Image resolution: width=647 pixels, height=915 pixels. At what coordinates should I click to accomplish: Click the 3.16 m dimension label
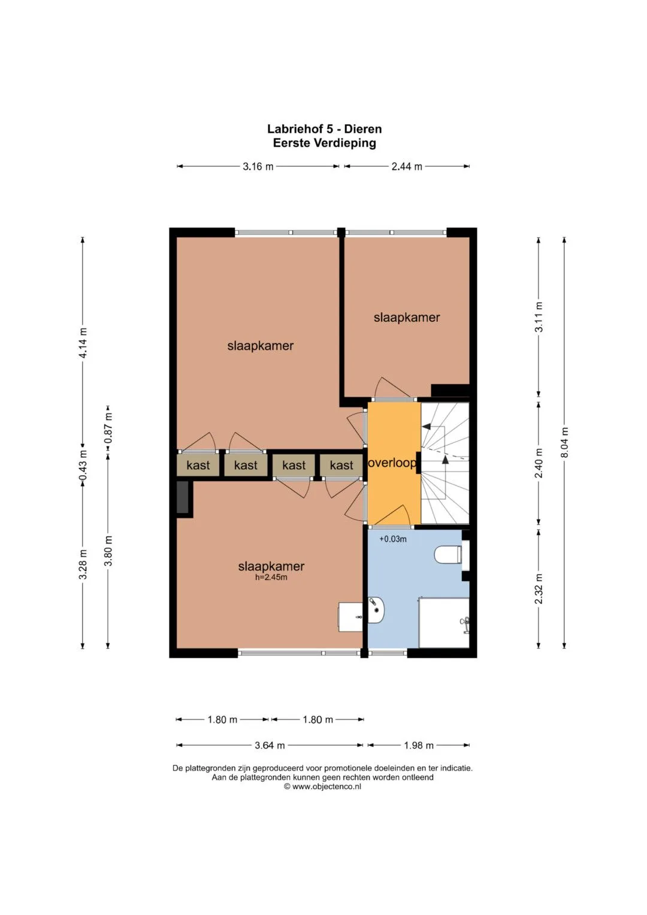pos(258,167)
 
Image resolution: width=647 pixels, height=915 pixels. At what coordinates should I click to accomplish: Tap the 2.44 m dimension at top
pos(407,167)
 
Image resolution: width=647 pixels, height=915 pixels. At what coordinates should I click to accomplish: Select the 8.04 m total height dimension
pos(565,443)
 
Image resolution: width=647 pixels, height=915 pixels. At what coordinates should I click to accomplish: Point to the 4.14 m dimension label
pos(83,343)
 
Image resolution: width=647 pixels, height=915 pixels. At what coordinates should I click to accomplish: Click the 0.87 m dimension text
pos(108,428)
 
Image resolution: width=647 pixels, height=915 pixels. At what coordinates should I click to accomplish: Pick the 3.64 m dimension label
pos(270,745)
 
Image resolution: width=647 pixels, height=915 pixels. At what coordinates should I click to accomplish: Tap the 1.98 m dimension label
pos(419,745)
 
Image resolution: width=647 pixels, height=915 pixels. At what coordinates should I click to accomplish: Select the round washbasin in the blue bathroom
pos(376,609)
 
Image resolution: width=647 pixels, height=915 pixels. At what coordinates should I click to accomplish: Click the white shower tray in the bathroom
pos(443,623)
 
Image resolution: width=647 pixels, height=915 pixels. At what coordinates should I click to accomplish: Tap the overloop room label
pos(392,463)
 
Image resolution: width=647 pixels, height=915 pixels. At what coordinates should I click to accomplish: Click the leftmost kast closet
pos(198,465)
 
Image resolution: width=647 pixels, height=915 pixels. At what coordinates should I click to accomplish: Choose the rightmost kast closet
pos(341,465)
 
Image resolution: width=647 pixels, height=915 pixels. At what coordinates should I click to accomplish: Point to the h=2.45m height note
pos(271,577)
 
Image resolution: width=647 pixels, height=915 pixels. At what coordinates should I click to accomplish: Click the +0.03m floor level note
pos(393,539)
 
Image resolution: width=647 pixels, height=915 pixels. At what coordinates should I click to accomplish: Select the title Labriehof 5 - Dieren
pos(324,129)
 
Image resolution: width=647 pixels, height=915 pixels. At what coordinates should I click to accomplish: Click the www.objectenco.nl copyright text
pos(323,786)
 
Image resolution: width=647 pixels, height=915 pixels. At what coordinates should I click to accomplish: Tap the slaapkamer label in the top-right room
pos(407,318)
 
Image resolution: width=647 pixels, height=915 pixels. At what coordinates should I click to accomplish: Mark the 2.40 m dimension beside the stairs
pos(539,463)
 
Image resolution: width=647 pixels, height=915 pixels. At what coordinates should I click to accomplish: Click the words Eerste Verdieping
pos(324,143)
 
